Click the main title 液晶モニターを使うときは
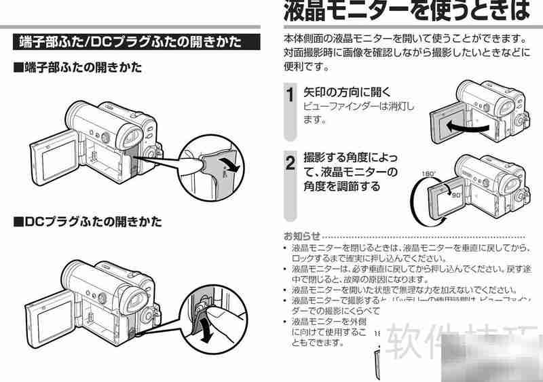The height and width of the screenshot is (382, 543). point(405,12)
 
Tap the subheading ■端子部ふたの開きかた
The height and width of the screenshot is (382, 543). point(78,68)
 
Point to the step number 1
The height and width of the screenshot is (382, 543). point(290,96)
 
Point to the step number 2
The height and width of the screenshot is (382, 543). point(290,163)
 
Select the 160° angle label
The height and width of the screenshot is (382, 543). point(428,174)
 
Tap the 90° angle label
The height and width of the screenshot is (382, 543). point(446,194)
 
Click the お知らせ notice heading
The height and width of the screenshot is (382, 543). point(299,237)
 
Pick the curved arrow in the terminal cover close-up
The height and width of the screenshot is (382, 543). point(231,164)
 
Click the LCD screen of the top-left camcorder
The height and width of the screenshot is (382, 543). point(55,157)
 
